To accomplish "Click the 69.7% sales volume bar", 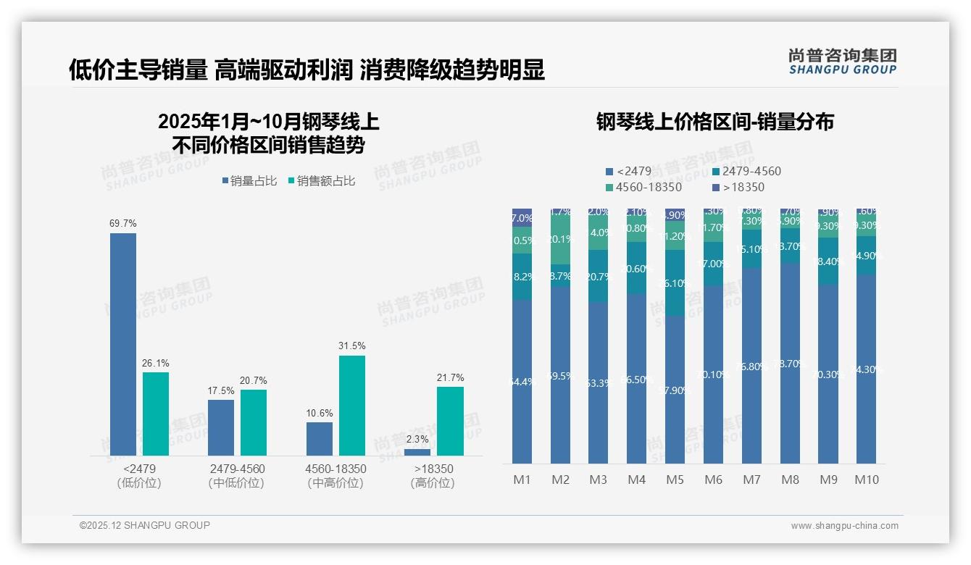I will pyautogui.click(x=123, y=344).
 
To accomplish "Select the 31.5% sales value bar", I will pyautogui.click(x=351, y=405).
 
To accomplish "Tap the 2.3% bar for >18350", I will pyautogui.click(x=417, y=452).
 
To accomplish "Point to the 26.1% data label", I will pyautogui.click(x=155, y=363).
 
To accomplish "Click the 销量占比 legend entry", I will pyautogui.click(x=249, y=181).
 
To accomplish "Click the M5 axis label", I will pyautogui.click(x=675, y=480).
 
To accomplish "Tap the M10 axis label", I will pyautogui.click(x=867, y=480).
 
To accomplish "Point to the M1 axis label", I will pyautogui.click(x=522, y=480).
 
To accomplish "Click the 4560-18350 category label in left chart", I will pyautogui.click(x=336, y=469).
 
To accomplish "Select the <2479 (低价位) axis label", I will pyautogui.click(x=139, y=476).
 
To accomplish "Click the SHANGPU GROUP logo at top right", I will pyautogui.click(x=842, y=62).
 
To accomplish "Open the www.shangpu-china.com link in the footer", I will pyautogui.click(x=844, y=526).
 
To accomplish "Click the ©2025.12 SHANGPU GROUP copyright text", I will pyautogui.click(x=145, y=526).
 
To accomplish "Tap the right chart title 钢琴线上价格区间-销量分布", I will pyautogui.click(x=714, y=122).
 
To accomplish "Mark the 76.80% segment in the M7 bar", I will pyautogui.click(x=751, y=366).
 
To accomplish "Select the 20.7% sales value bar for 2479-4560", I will pyautogui.click(x=254, y=422).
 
